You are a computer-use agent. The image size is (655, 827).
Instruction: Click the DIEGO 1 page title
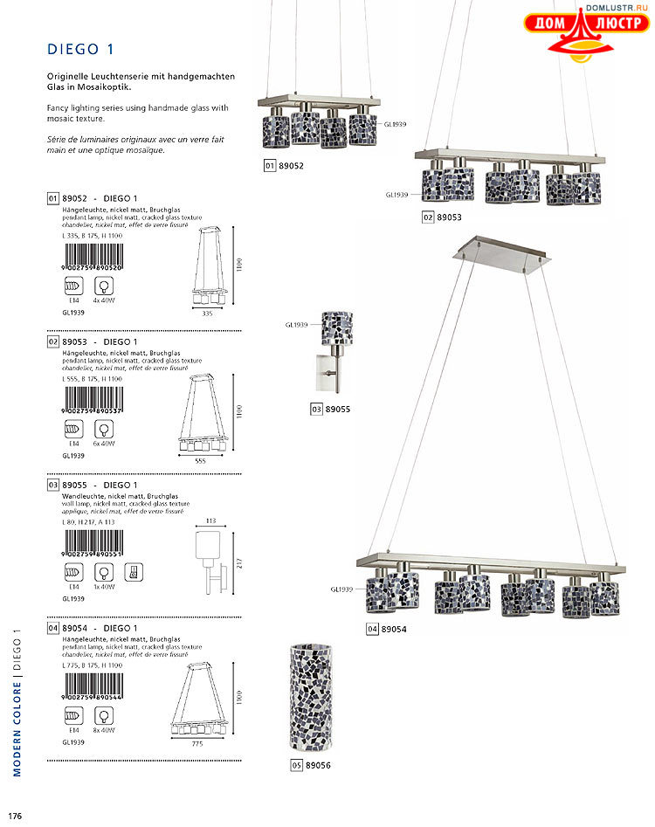tap(80, 49)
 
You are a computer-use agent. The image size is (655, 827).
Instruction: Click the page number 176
tap(16, 816)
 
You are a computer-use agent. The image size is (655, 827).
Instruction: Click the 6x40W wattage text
tap(105, 444)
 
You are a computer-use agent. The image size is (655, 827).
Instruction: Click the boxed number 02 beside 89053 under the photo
tap(428, 217)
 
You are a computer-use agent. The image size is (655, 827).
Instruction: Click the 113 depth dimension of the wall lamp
tap(210, 520)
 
